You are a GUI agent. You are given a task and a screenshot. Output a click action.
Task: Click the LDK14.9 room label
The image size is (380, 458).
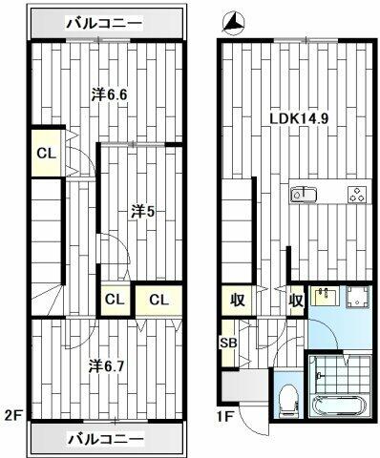click(299, 119)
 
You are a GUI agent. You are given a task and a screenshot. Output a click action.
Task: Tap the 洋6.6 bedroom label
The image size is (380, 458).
click(110, 94)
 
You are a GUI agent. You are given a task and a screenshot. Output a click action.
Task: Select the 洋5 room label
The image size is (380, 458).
click(142, 212)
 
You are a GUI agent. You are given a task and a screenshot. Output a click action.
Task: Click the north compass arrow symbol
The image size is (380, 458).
click(235, 23)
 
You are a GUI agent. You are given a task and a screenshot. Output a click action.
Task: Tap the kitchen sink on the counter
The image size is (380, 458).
click(303, 193)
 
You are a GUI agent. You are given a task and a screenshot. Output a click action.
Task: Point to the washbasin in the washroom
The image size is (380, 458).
click(324, 296)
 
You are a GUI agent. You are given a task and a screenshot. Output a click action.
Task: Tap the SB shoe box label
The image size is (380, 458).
click(228, 343)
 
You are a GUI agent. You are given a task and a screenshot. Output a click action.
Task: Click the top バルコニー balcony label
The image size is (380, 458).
click(104, 23)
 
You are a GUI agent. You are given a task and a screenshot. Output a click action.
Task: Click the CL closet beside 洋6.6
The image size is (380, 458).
click(47, 154)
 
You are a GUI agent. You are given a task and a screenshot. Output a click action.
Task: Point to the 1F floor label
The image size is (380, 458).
click(226, 416)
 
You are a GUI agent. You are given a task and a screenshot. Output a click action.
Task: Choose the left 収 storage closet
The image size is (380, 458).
click(238, 301)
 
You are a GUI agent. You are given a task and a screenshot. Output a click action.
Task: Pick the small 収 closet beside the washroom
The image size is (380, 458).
click(296, 301)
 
